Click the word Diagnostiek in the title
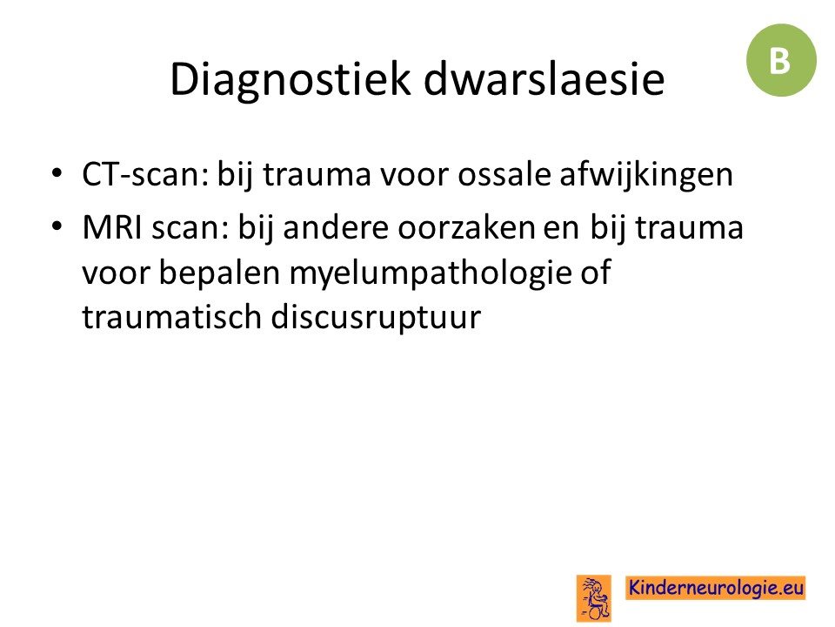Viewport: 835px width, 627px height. [291, 80]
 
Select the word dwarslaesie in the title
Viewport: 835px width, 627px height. [544, 78]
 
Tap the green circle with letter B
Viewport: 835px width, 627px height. [781, 60]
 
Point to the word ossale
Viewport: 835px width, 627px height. [504, 174]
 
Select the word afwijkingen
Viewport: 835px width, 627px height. [646, 176]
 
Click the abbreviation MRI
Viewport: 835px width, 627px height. [112, 227]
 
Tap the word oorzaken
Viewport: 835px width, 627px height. [466, 227]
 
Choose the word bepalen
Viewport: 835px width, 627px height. [219, 273]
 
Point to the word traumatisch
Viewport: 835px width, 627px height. [172, 317]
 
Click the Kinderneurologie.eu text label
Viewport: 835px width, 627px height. [716, 588]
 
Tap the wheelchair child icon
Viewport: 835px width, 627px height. [594, 598]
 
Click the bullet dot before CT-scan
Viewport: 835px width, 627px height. [57, 173]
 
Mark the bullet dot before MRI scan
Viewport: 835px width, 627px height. [57, 226]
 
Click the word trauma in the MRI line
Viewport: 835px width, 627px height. [689, 227]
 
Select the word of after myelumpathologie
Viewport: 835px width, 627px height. [595, 272]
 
